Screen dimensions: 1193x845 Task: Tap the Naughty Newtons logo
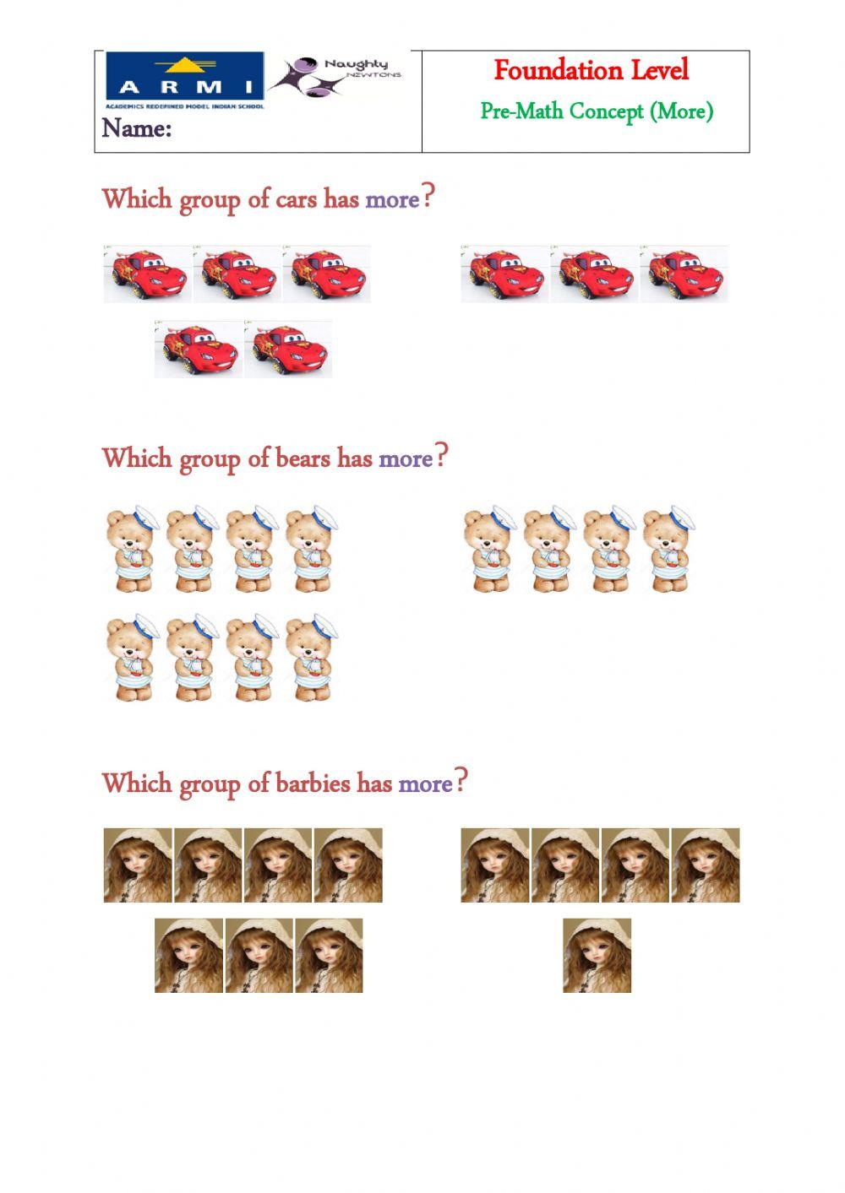[336, 76]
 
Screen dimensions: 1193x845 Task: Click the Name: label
[137, 128]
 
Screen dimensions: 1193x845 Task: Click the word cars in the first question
[296, 199]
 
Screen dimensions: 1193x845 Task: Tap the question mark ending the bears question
[443, 457]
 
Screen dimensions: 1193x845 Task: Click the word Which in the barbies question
[136, 784]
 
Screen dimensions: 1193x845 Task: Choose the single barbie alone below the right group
[597, 955]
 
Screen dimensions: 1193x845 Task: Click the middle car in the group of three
[594, 274]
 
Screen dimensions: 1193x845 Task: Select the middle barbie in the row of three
[259, 955]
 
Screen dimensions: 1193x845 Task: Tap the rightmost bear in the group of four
[668, 549]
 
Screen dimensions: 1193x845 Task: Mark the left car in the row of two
[198, 349]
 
